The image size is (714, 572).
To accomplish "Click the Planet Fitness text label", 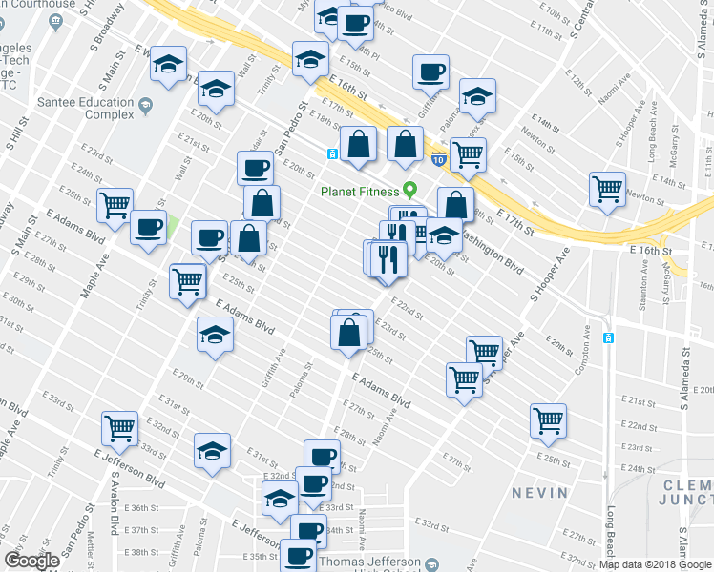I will (360, 190).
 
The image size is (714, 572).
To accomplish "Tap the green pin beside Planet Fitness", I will (410, 189).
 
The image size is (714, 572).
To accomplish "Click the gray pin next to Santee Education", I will (145, 104).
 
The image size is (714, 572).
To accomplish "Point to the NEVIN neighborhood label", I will (539, 493).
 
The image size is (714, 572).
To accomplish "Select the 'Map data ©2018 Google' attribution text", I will (655, 564).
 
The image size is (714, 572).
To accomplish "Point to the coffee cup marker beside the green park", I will (148, 227).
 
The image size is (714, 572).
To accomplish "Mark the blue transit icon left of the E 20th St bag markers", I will (331, 153).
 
